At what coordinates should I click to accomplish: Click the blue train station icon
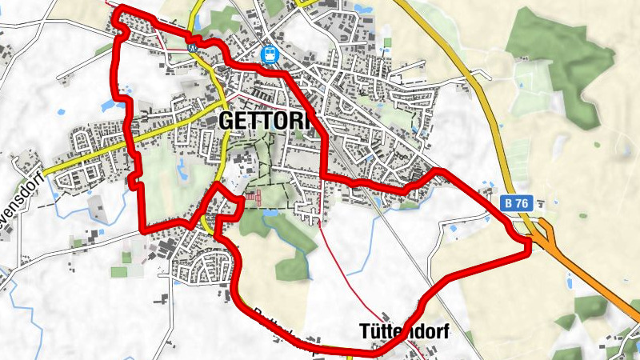click(x=270, y=54)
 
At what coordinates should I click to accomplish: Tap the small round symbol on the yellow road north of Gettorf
click(x=193, y=47)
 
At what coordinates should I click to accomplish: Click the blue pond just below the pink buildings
click(x=270, y=214)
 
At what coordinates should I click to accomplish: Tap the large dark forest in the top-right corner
click(x=560, y=48)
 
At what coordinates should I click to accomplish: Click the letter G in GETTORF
click(x=226, y=120)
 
